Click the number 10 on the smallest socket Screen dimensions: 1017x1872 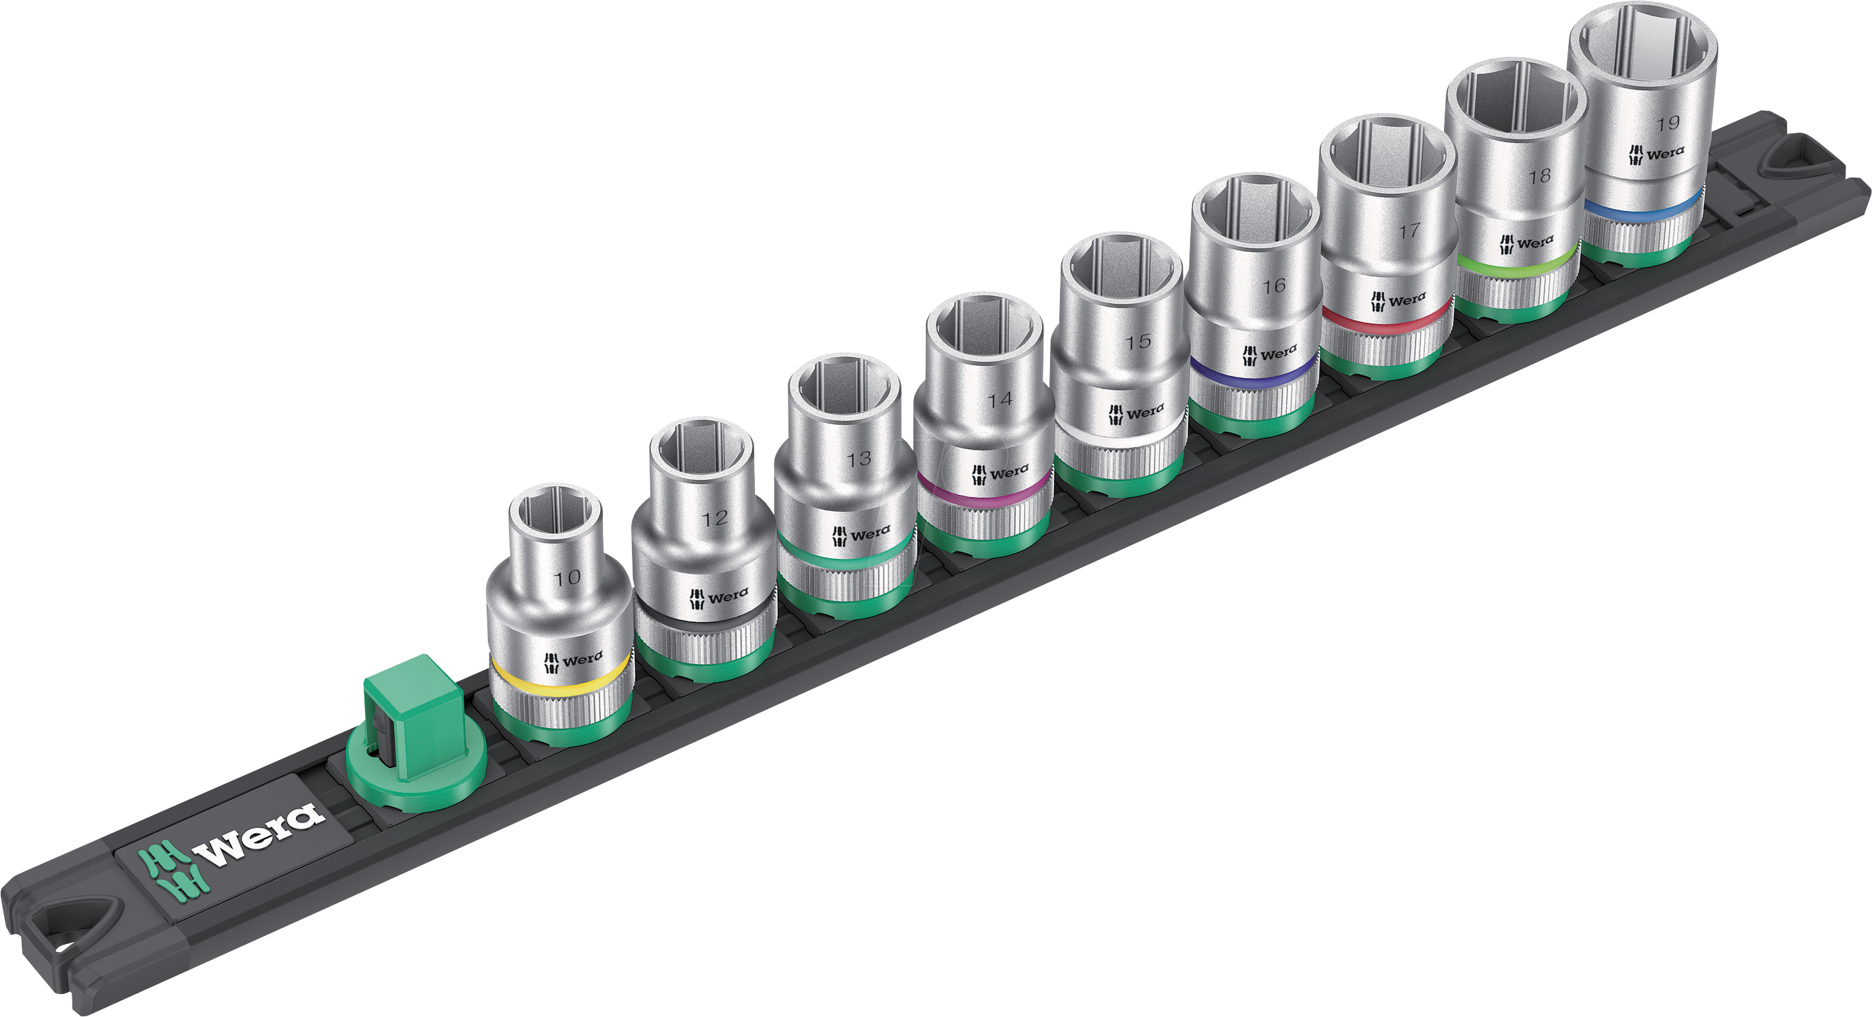(x=567, y=579)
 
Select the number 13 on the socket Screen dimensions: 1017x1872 (x=858, y=459)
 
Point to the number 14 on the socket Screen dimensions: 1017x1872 (x=999, y=400)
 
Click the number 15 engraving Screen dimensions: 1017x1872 (x=1138, y=341)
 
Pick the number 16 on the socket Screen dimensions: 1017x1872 (x=1273, y=286)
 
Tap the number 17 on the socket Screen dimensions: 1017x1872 (x=1409, y=231)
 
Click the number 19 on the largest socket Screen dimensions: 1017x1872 (x=1669, y=123)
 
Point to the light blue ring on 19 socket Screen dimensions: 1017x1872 (x=1643, y=210)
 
